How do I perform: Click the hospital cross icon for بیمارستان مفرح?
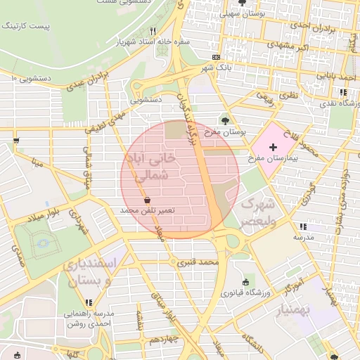pyautogui.click(x=274, y=134)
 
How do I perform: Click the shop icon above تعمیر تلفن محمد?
pyautogui.click(x=146, y=200)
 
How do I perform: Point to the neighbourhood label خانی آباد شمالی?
pyautogui.click(x=153, y=167)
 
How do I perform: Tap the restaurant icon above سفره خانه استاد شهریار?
pyautogui.click(x=153, y=32)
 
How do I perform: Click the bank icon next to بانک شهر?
pyautogui.click(x=215, y=56)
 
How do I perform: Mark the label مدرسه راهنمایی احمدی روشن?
pyautogui.click(x=89, y=319)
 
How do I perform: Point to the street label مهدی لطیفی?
pyautogui.click(x=105, y=120)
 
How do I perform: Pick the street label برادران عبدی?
pyautogui.click(x=90, y=82)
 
